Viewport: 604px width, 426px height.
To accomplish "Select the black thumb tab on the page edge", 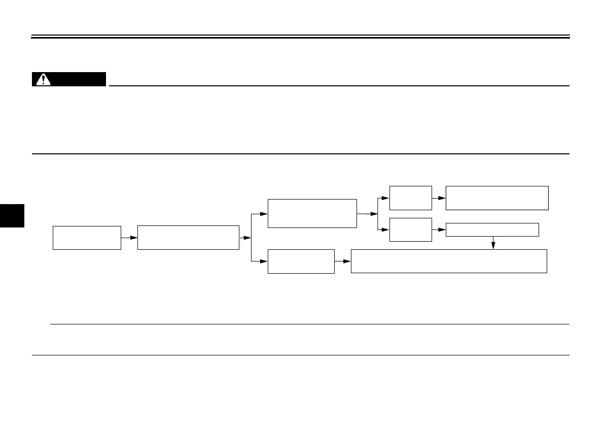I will pyautogui.click(x=12, y=216).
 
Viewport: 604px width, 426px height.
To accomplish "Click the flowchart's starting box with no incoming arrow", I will pyautogui.click(x=87, y=238).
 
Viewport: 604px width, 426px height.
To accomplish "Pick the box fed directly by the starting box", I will pyautogui.click(x=188, y=238).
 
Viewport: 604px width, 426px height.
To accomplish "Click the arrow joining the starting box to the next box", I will pyautogui.click(x=129, y=238).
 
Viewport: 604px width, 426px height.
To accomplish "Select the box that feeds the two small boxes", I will pyautogui.click(x=312, y=214).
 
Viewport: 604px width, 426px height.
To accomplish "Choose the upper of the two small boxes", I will pyautogui.click(x=410, y=198).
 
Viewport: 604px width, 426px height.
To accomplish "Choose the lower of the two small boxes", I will pyautogui.click(x=410, y=230).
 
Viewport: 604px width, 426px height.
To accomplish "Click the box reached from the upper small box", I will pyautogui.click(x=497, y=198).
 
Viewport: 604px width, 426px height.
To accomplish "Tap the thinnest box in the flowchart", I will pyautogui.click(x=492, y=230).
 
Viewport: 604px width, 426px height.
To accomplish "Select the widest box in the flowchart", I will pyautogui.click(x=449, y=261).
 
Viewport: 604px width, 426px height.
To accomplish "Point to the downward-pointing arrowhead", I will pyautogui.click(x=493, y=246).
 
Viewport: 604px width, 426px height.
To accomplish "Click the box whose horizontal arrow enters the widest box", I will pyautogui.click(x=301, y=261).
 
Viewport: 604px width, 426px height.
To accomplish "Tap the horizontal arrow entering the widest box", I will pyautogui.click(x=343, y=261).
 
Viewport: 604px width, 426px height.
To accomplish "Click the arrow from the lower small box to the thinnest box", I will pyautogui.click(x=439, y=230).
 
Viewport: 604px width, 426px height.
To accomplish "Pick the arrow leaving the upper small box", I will pyautogui.click(x=439, y=198).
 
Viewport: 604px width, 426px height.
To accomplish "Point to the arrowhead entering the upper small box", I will pyautogui.click(x=386, y=198).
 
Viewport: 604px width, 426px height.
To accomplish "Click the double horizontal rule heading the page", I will pyautogui.click(x=301, y=37).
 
